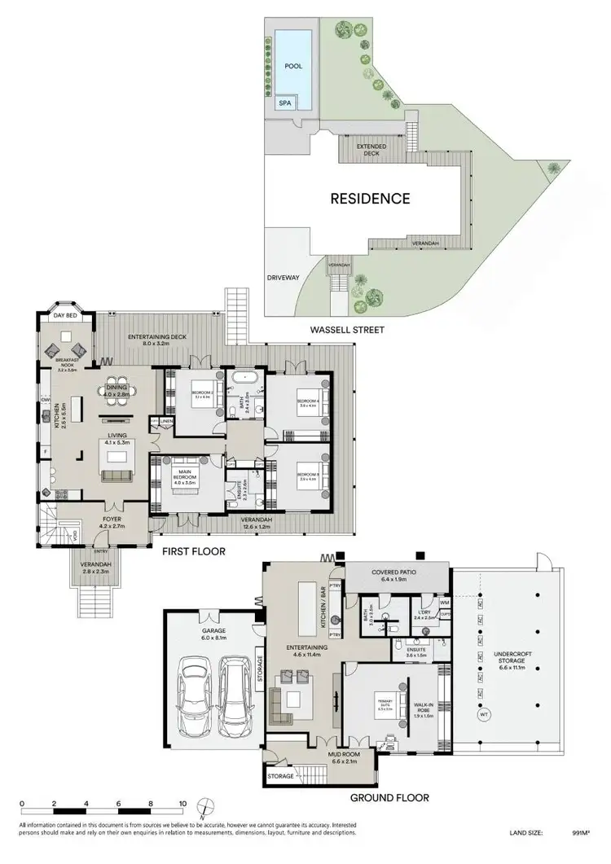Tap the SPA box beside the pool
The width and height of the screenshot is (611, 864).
285,103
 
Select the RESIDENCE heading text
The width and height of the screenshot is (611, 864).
369,198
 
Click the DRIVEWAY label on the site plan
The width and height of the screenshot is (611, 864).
284,278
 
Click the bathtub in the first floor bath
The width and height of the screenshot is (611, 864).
244,380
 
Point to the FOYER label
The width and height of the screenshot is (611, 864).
110,519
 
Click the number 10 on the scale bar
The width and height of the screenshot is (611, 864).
183,803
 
